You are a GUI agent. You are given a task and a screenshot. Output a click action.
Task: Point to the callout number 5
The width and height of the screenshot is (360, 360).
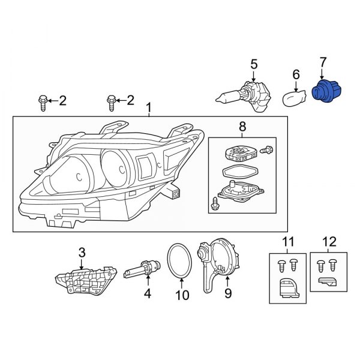254,64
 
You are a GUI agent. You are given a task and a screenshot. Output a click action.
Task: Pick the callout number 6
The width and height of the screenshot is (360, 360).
296,74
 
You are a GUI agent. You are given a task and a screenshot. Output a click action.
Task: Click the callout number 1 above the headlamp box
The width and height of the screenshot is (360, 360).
148,108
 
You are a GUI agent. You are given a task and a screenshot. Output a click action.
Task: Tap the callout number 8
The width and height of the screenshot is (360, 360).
242,127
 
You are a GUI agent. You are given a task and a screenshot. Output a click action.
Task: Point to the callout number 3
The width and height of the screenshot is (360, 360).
82,253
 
